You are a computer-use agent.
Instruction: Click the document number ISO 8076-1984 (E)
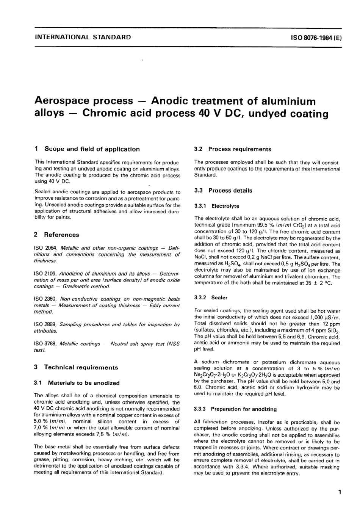316,37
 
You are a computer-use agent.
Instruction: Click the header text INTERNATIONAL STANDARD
83,37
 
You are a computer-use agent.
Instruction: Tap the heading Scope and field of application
92,149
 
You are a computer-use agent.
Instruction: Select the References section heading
61,235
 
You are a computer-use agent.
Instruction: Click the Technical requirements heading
81,367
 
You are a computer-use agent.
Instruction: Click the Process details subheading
230,191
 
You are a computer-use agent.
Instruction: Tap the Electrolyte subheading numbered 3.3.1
225,207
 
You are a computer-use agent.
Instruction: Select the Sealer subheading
219,298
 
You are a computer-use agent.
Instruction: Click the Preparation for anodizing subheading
244,409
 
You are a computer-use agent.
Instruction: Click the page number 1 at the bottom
340,492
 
